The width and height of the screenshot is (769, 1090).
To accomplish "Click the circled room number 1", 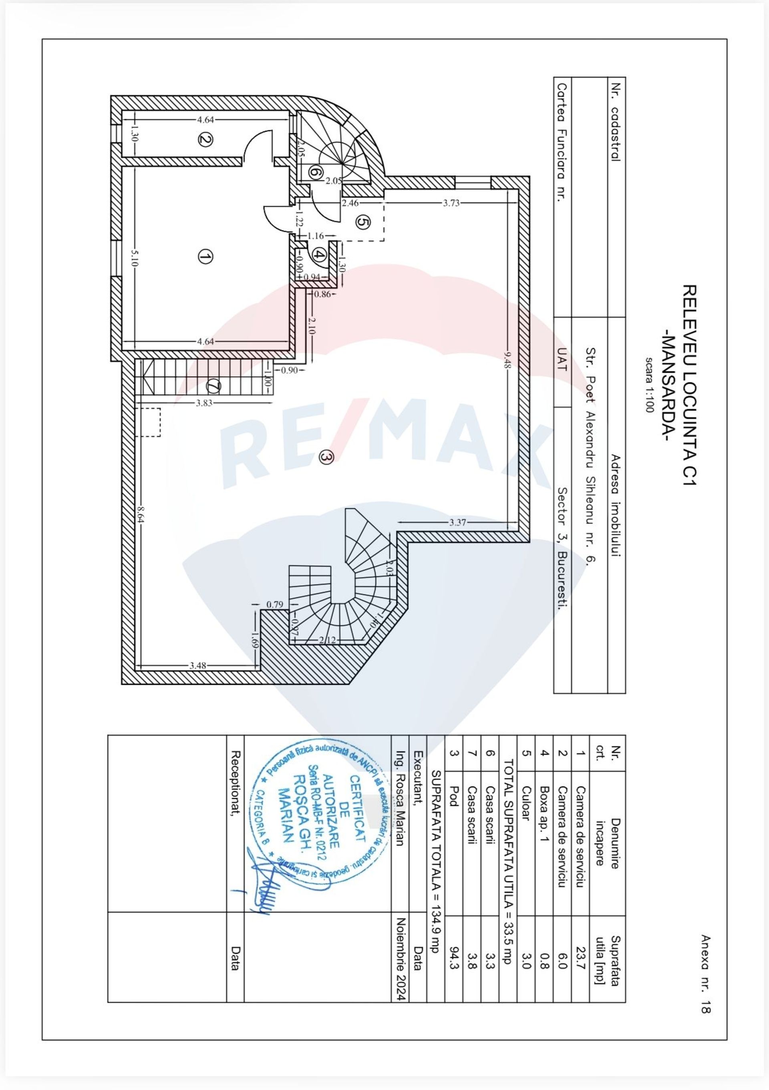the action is point(205,257).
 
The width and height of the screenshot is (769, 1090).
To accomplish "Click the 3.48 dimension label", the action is point(197,665).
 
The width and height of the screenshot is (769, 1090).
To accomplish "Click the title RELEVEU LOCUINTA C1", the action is point(689,385).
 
